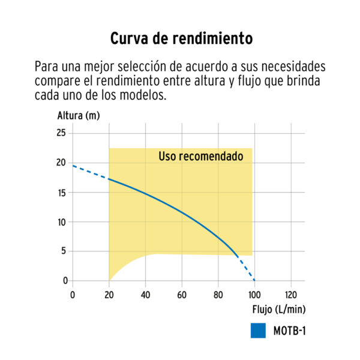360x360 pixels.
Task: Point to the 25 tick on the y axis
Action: [61, 133]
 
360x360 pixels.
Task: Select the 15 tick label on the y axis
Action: [61, 192]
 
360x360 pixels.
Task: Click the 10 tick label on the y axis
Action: [61, 221]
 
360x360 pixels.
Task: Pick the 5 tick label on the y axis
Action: [63, 251]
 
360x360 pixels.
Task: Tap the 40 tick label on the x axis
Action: [145, 294]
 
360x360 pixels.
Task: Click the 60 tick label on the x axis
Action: [182, 294]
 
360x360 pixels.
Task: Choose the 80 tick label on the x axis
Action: [218, 294]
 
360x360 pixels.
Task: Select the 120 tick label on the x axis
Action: [290, 294]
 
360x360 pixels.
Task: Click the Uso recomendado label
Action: [200, 157]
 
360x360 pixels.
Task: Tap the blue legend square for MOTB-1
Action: [259, 331]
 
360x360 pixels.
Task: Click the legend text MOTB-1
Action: [290, 331]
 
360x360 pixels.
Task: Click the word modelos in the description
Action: [142, 95]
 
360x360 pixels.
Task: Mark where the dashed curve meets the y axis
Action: [73, 165]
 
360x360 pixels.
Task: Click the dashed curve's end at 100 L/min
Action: [254, 280]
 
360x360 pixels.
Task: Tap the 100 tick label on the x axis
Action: [254, 294]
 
